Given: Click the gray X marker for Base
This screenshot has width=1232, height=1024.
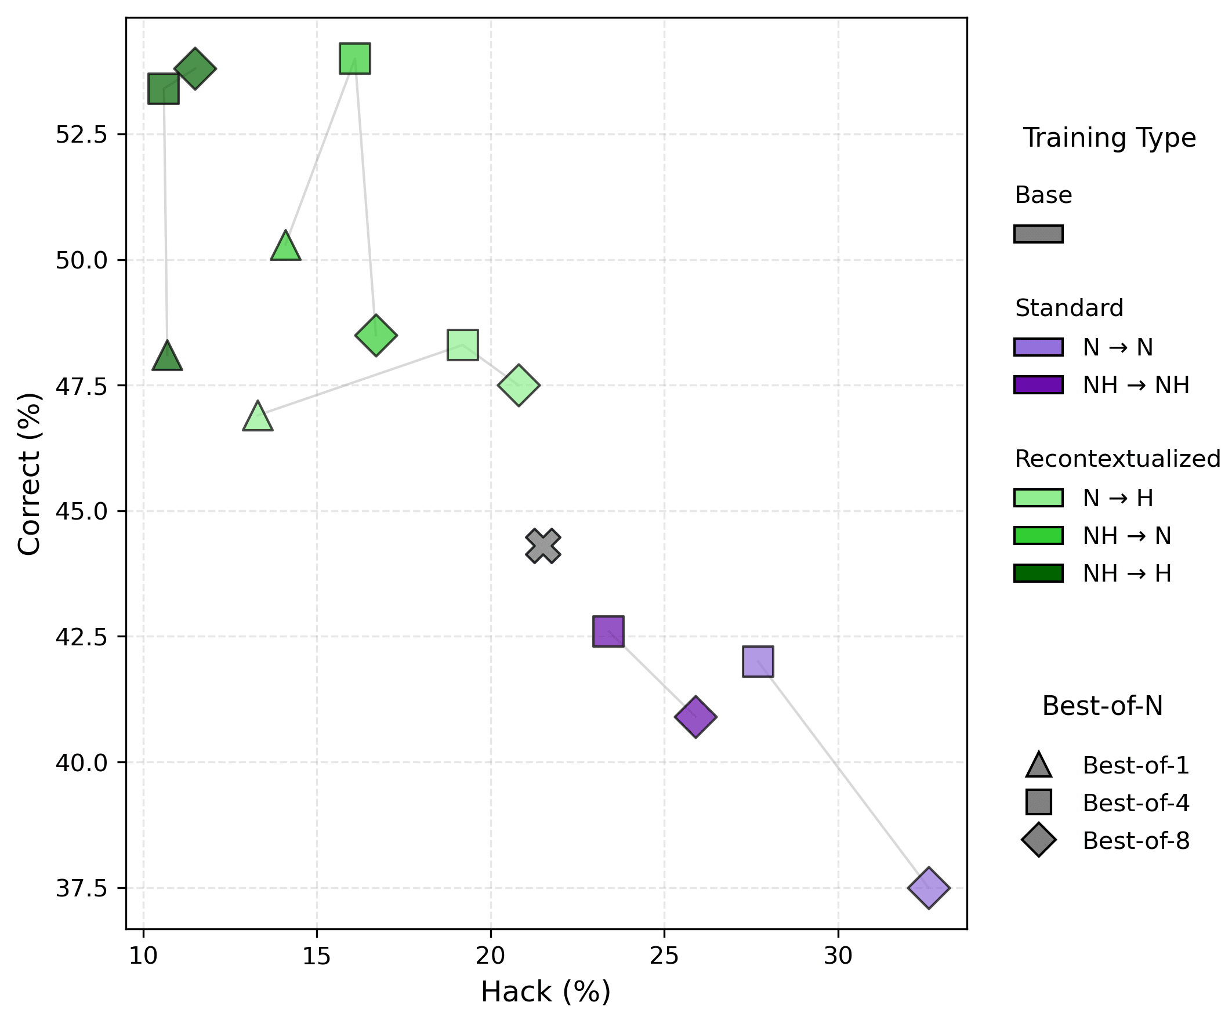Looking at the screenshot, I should click(x=543, y=546).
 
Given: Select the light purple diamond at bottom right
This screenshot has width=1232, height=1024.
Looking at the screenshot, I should click(x=928, y=888).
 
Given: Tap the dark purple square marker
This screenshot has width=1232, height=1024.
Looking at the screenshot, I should click(x=608, y=631).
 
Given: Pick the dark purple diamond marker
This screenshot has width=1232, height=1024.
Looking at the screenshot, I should click(x=695, y=717).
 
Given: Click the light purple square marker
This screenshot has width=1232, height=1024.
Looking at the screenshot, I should click(x=758, y=662).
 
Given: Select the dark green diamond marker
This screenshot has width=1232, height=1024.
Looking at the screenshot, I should click(x=195, y=68).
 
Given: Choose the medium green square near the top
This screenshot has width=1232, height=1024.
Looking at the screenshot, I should click(x=355, y=59).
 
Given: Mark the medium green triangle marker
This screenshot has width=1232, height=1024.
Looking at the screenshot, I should click(x=286, y=247).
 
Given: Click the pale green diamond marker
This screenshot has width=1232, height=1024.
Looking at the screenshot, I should click(x=519, y=385).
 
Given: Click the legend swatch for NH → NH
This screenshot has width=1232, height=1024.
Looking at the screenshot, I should click(x=1038, y=385).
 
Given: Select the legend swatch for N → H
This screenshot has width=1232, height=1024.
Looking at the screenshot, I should click(x=1038, y=498).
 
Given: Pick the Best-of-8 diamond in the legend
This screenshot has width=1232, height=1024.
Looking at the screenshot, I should click(x=1038, y=840).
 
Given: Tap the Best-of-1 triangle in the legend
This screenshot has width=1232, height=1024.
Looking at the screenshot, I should click(x=1038, y=765).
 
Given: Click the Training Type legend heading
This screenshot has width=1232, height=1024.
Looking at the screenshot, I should click(x=1110, y=138).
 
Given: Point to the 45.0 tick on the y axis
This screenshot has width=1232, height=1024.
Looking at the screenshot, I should click(x=82, y=511).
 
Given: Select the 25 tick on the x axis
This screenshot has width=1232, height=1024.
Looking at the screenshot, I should click(x=664, y=957).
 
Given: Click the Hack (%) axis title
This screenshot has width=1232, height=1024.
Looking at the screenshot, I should click(x=546, y=992).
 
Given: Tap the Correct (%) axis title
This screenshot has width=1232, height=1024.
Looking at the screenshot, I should click(x=30, y=473).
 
